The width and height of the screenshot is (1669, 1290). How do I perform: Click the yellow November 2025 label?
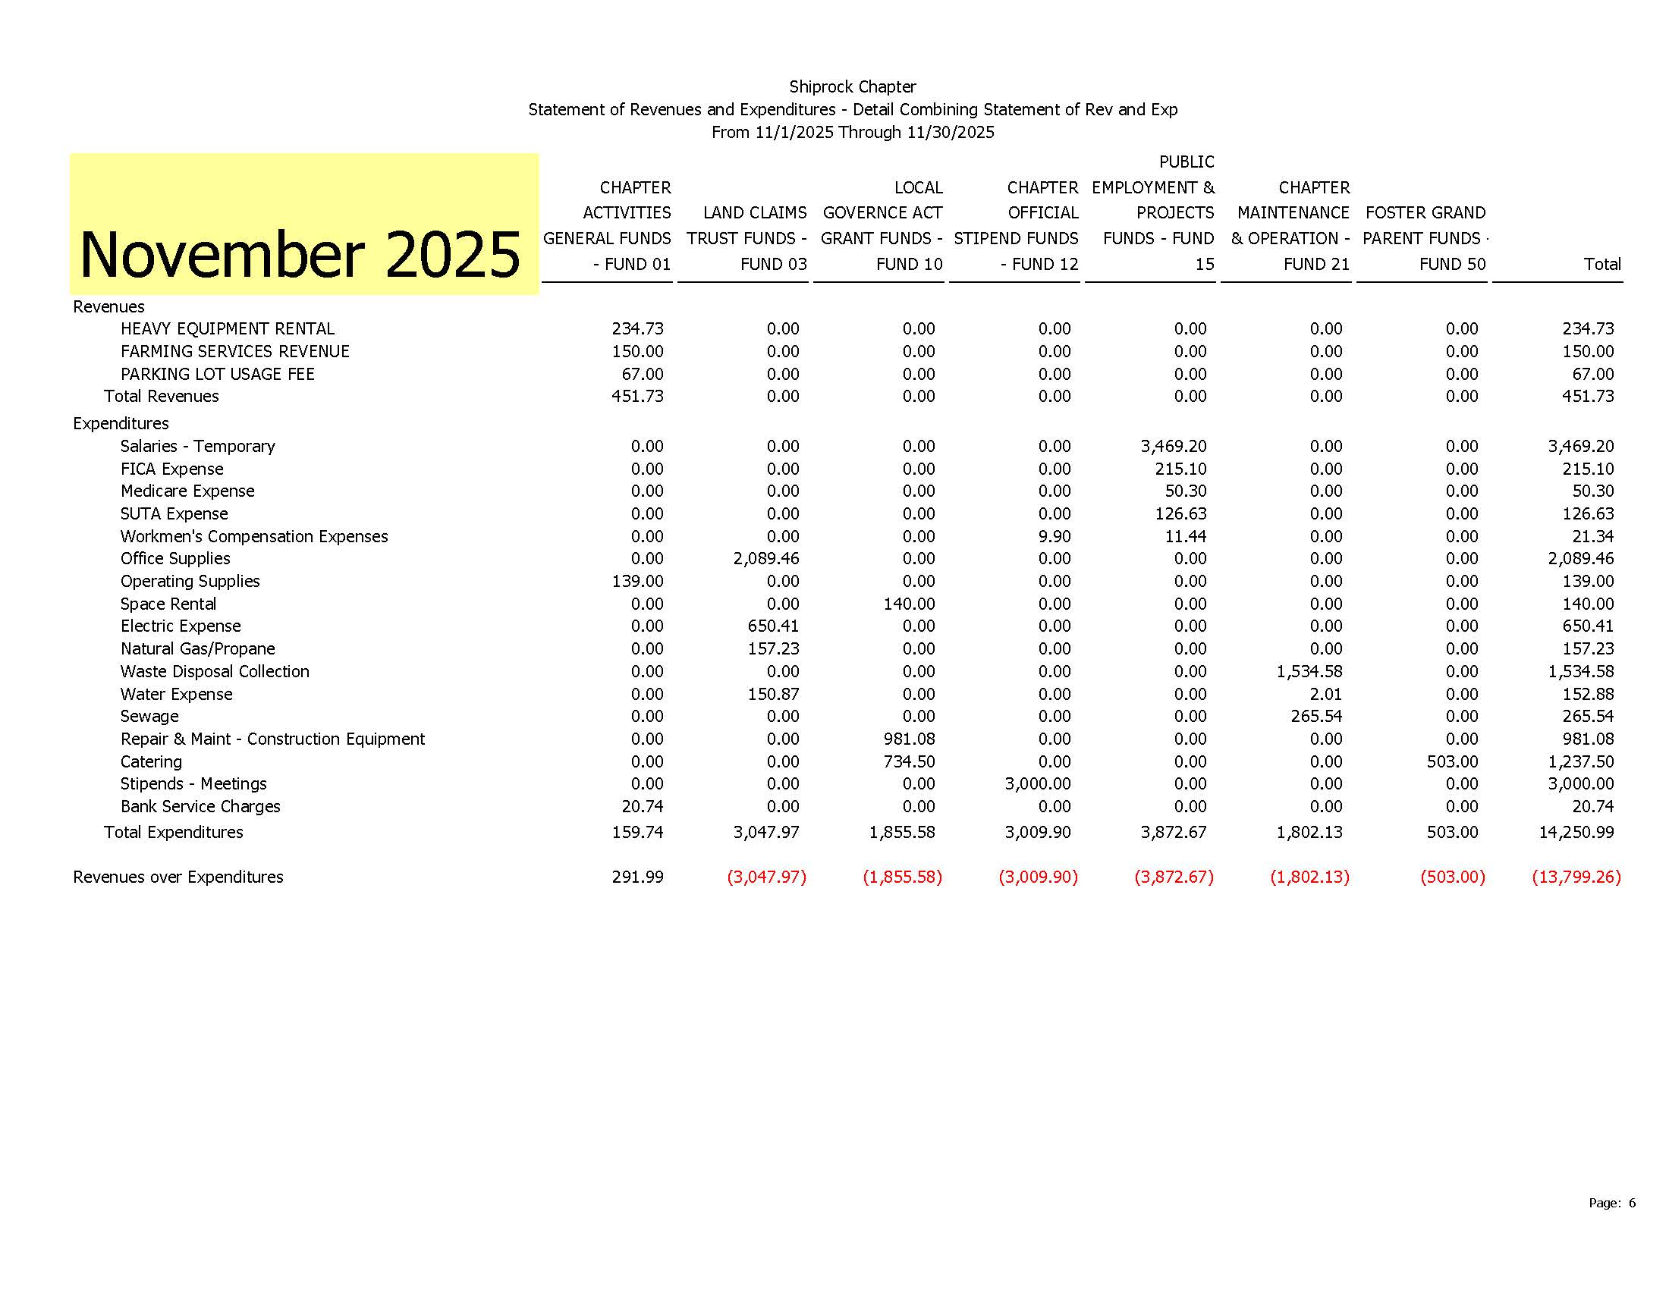(300, 254)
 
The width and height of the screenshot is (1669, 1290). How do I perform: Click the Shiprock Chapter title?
(852, 87)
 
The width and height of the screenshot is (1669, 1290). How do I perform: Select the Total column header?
(1601, 264)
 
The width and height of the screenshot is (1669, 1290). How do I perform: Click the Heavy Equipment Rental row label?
(227, 328)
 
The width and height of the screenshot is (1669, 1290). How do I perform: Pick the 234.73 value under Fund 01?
(637, 328)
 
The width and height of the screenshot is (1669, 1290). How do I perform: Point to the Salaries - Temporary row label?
(197, 446)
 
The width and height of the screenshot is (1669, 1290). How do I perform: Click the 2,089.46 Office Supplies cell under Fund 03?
(765, 558)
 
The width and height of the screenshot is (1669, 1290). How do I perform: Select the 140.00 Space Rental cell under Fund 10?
(909, 604)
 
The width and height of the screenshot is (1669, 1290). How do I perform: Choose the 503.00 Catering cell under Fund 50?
(1452, 761)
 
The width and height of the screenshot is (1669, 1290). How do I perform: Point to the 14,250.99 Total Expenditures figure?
(1576, 832)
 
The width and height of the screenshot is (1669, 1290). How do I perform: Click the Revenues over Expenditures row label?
(178, 877)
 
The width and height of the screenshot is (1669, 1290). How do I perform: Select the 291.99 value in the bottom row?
(637, 877)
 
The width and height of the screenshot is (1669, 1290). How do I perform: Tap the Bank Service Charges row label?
(200, 807)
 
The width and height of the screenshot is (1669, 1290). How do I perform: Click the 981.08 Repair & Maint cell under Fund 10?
(909, 739)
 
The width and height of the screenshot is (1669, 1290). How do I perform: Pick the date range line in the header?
(852, 132)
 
